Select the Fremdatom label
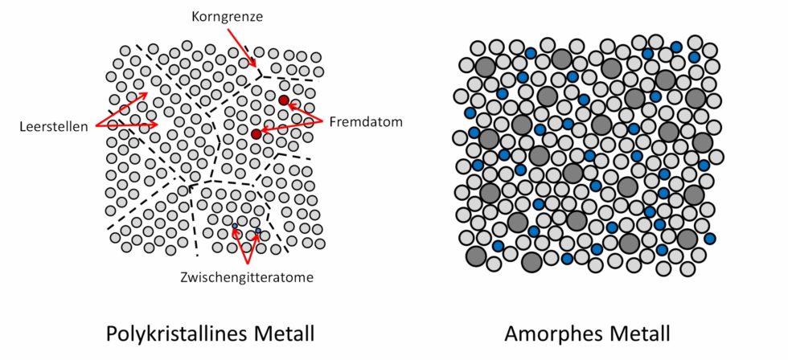coord(357,122)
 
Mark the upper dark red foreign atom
coord(284,100)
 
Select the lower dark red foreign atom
coord(257,133)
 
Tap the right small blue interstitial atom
coord(258,232)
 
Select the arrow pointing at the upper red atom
coord(307,112)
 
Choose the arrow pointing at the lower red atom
coord(293,127)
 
